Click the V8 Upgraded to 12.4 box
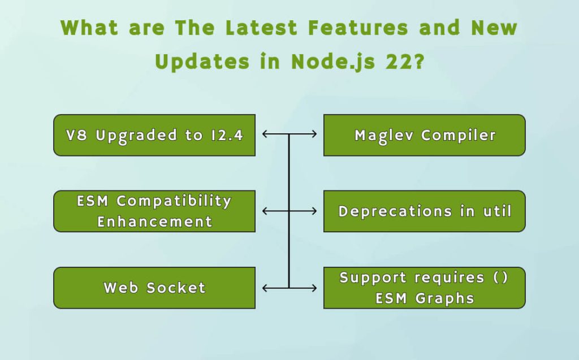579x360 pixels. pyautogui.click(x=154, y=135)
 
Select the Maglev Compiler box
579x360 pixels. pyautogui.click(x=424, y=135)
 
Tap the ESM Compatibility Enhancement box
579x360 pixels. pyautogui.click(x=154, y=211)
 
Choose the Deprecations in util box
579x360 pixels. pyautogui.click(x=424, y=211)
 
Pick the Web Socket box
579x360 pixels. pyautogui.click(x=154, y=288)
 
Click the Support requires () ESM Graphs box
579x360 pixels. pyautogui.click(x=424, y=288)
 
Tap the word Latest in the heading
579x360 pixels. pyautogui.click(x=260, y=27)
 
